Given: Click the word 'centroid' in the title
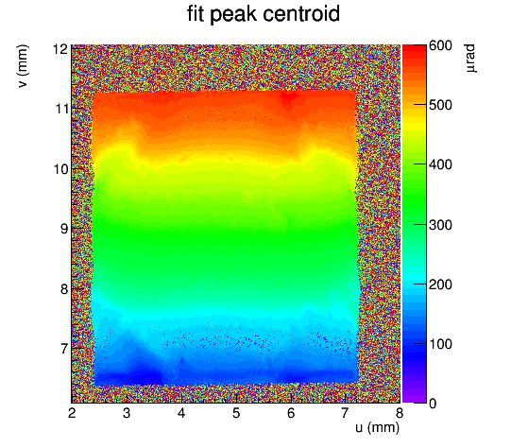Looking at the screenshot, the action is pos(301,14).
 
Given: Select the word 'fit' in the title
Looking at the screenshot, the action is pos(196,14).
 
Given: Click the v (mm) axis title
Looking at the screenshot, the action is pos(23,66).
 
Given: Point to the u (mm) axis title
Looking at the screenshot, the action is pos(377,427).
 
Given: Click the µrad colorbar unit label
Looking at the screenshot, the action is pos(470,59).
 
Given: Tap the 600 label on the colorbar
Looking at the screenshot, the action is pos(440,45).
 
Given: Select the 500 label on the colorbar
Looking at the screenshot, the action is pos(440,105).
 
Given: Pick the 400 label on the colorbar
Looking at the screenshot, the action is pos(440,164).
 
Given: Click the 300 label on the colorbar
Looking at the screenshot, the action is pos(440,225).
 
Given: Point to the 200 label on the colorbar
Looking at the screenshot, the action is pos(440,284).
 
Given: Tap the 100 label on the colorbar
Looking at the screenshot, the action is pos(440,344).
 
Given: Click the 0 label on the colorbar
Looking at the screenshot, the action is pos(433,404).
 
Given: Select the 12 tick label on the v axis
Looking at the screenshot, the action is pos(60,49).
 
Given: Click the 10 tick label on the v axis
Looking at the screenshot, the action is pos(60,169).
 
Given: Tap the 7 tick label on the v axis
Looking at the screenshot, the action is pos(64,349).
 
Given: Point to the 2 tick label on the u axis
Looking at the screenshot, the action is pos(72,413).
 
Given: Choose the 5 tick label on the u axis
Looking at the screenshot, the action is pos(236,413).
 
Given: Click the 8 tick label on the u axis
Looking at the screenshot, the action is pos(400,413).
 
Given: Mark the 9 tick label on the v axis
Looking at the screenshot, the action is pos(64,229).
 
